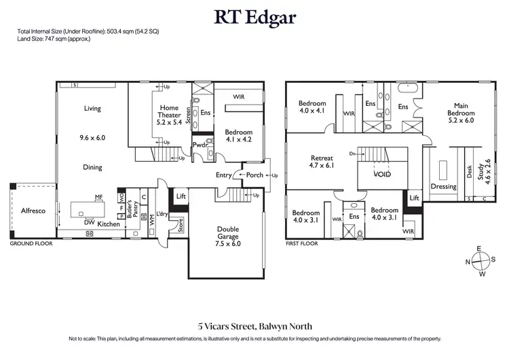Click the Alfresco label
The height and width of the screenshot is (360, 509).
click(32, 211)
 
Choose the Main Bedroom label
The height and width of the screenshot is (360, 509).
click(461, 114)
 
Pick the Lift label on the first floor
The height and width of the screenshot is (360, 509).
click(415, 198)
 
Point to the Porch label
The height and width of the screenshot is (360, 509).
click(254, 175)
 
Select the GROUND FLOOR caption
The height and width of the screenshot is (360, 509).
click(27, 242)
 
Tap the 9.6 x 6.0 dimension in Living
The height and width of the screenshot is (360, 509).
click(92, 137)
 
